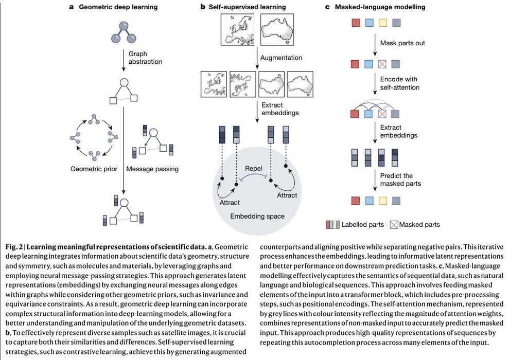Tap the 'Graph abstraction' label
[x=145, y=57]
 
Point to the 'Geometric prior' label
[x=93, y=169]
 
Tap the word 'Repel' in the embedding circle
[x=253, y=168]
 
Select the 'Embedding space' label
[x=258, y=216]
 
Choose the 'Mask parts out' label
[x=402, y=43]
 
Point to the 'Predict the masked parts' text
[x=401, y=179]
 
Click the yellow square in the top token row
[x=382, y=23]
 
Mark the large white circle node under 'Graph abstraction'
[x=124, y=82]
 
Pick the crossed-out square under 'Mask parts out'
[x=382, y=64]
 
